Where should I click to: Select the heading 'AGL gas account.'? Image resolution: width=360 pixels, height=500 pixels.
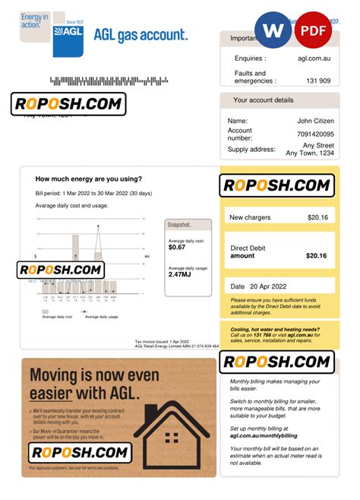141,35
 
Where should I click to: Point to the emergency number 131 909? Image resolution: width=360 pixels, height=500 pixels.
318,81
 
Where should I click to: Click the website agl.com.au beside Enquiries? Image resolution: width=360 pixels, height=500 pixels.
314,59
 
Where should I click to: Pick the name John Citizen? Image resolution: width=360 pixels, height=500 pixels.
315,121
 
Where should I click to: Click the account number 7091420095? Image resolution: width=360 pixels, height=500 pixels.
311,134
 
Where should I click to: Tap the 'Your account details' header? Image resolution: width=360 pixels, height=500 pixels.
263,100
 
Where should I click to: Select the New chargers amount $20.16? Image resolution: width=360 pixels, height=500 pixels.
317,217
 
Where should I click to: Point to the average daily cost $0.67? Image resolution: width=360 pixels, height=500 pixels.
177,247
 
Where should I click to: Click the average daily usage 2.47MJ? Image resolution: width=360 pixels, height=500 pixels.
180,274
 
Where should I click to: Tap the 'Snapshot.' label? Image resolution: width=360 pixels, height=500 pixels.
180,225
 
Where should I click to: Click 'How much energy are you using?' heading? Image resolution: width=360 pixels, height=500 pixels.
88,179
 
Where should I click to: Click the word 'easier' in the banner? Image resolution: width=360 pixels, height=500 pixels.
51,393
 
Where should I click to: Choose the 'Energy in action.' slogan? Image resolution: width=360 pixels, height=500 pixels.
33,21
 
